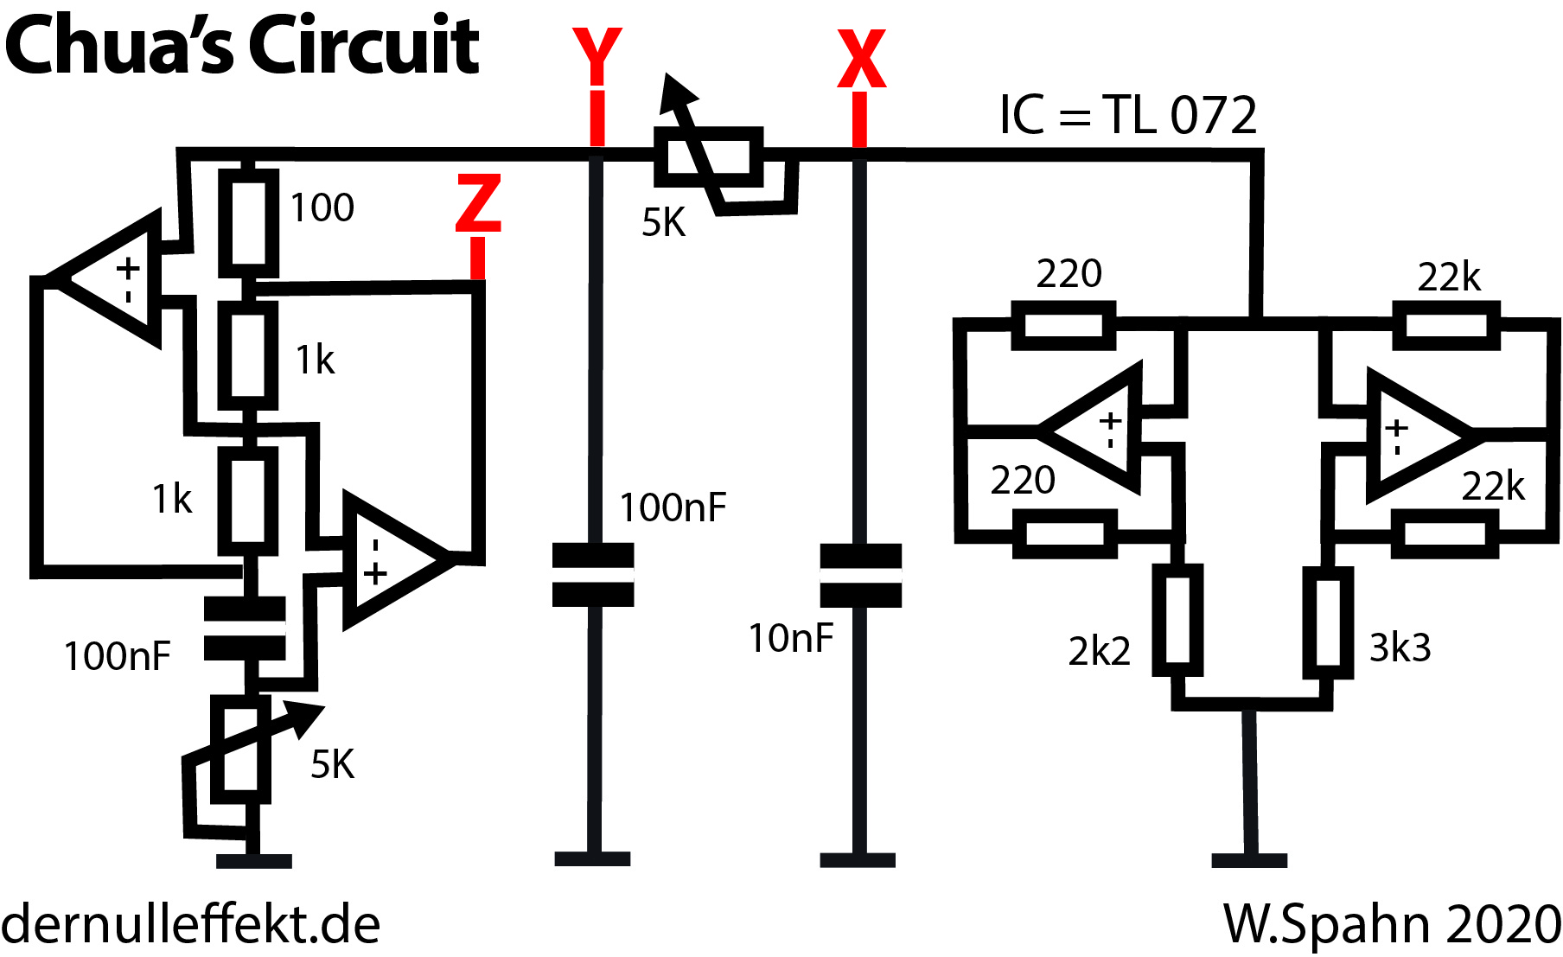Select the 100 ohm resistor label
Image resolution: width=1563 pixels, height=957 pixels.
[322, 208]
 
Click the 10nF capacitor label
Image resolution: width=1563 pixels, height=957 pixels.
[790, 639]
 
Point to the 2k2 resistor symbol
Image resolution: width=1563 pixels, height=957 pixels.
[1177, 620]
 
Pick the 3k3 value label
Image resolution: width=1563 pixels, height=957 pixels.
[1400, 648]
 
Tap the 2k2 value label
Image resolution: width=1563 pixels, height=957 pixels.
[1099, 651]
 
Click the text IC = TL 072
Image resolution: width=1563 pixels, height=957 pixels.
[1127, 115]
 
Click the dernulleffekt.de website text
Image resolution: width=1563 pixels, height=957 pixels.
[191, 924]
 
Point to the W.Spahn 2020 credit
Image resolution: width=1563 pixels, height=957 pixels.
[1391, 924]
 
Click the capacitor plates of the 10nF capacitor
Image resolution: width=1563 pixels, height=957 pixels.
[860, 576]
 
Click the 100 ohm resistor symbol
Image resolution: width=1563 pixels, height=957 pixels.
[248, 218]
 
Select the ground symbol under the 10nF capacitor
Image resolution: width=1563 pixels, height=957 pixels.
[858, 859]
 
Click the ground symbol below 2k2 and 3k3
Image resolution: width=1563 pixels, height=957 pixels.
[1249, 859]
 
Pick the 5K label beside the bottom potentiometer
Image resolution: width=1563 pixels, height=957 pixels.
[333, 765]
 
